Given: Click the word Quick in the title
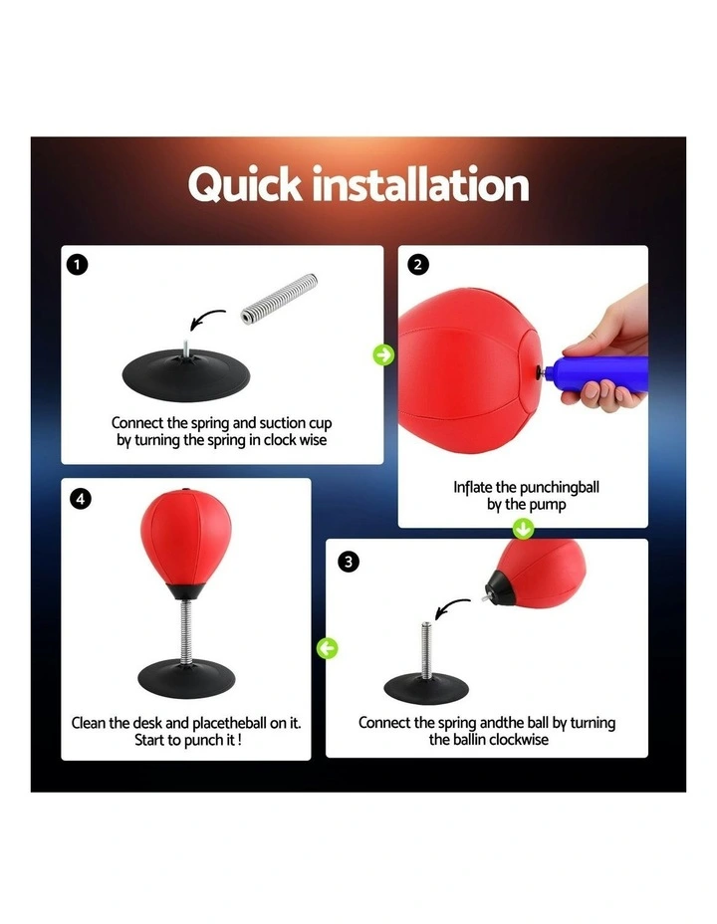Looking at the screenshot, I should [x=244, y=186].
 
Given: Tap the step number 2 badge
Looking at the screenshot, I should [x=418, y=265].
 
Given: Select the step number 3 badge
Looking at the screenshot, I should [x=348, y=563].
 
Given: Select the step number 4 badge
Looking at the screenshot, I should [x=80, y=498].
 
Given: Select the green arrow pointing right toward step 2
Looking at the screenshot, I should [x=382, y=354].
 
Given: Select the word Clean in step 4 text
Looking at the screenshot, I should [x=91, y=722].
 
